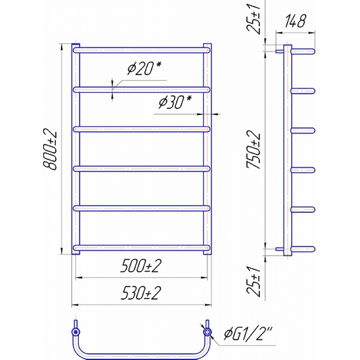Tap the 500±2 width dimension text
click(141, 266)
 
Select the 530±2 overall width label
click(141, 293)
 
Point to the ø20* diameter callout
click(144, 68)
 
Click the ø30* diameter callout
click(175, 102)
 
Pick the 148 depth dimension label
click(295, 21)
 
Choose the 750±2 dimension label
click(253, 149)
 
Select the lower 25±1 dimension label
click(253, 282)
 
